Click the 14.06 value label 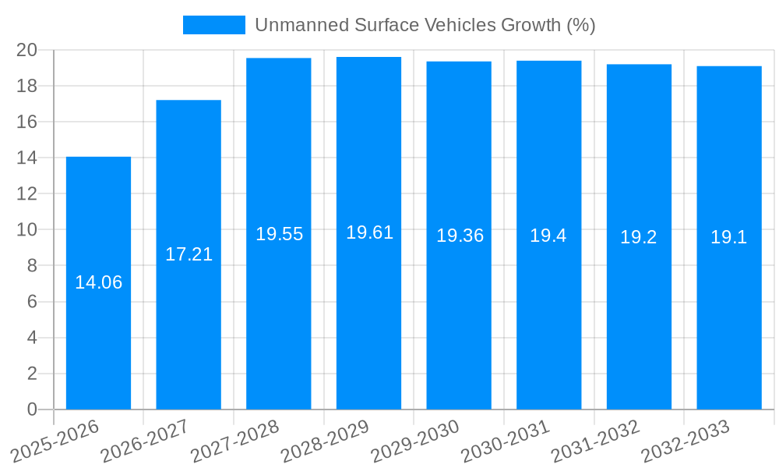click(98, 282)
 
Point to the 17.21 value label click(189, 254)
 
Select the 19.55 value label click(279, 234)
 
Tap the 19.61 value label click(369, 232)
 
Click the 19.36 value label click(460, 236)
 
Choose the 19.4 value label click(548, 236)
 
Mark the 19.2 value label click(639, 237)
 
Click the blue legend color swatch click(214, 25)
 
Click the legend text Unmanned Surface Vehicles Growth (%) click(425, 25)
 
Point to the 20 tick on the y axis click(27, 50)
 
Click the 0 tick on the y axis click(32, 409)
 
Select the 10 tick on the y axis click(27, 230)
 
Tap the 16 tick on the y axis click(27, 122)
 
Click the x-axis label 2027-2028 click(235, 441)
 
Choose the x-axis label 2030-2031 click(506, 441)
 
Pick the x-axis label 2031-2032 click(596, 441)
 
